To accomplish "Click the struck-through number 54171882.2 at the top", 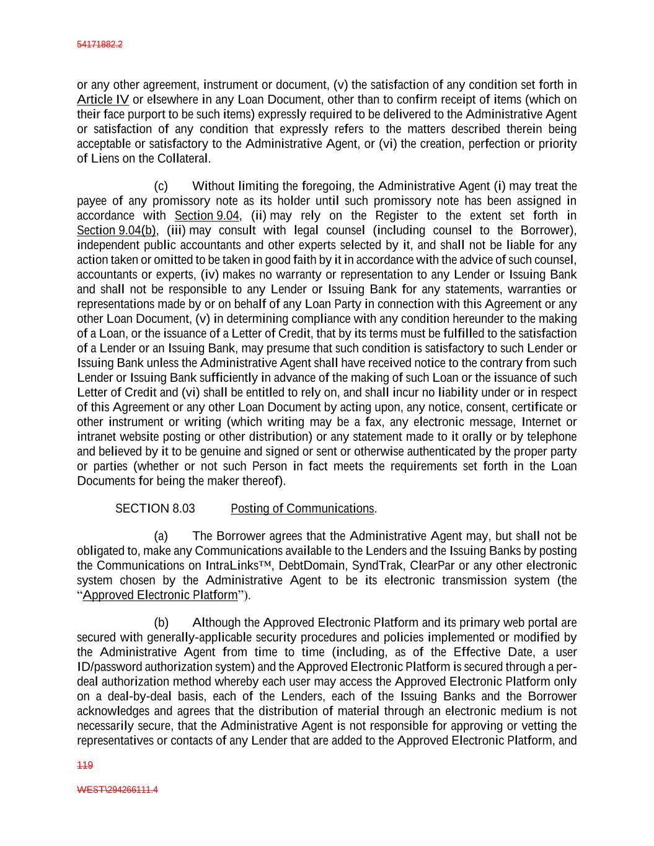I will (x=100, y=45).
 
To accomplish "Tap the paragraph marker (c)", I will (x=161, y=186).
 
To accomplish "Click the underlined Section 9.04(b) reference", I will (x=116, y=231).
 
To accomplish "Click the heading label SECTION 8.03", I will (x=155, y=509).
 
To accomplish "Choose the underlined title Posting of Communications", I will (x=303, y=509).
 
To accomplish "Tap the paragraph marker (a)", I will (x=161, y=536).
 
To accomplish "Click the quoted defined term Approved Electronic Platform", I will (x=160, y=596).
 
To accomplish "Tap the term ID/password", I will (x=109, y=667).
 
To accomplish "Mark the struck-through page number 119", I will (x=84, y=766).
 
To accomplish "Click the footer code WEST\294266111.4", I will (x=117, y=790).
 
